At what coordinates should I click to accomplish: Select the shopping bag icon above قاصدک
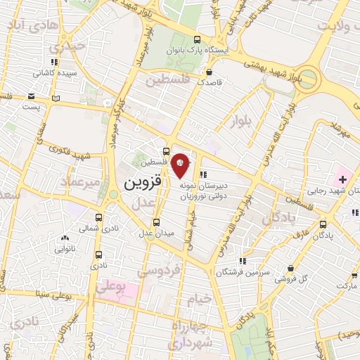coord(210,71)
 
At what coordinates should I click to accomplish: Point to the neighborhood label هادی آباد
coord(32,25)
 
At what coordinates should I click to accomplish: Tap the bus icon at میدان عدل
coord(150,237)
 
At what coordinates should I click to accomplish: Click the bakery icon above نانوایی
coord(65,239)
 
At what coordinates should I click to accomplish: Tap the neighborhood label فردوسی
coord(158,269)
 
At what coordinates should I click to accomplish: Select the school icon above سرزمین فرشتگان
coord(243,261)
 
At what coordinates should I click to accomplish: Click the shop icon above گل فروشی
coord(291,267)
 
